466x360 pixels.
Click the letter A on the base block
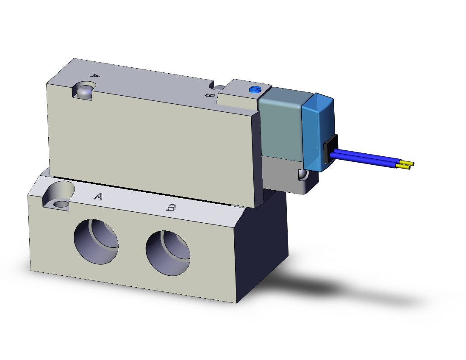click(x=99, y=197)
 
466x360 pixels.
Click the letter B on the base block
click(x=171, y=208)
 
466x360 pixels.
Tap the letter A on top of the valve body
click(x=94, y=76)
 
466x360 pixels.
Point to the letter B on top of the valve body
click(x=210, y=95)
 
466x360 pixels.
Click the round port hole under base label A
click(x=96, y=241)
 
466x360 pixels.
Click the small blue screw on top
click(x=254, y=89)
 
